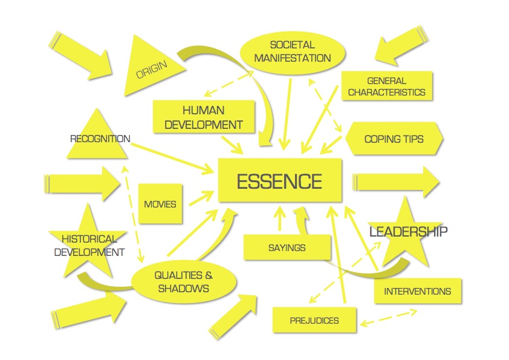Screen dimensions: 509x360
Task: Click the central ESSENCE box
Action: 280,180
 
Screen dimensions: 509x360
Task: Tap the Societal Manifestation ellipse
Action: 293,52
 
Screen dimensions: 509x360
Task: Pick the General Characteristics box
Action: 387,86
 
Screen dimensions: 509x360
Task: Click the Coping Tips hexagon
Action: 394,139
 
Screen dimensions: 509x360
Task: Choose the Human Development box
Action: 204,117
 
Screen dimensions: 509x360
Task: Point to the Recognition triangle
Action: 97,137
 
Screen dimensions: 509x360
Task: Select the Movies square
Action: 160,204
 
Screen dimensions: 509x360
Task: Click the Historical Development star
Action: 88,242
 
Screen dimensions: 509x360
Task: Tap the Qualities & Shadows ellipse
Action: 183,282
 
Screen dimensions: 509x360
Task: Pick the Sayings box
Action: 287,247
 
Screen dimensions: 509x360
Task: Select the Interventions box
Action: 418,291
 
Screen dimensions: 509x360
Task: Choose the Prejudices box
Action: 314,320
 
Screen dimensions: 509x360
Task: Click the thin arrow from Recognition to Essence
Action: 172,158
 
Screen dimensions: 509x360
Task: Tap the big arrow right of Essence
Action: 396,182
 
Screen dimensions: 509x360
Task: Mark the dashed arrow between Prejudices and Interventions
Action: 389,318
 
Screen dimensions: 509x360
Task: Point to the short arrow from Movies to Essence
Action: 201,198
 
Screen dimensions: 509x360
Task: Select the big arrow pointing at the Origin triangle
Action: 80,55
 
